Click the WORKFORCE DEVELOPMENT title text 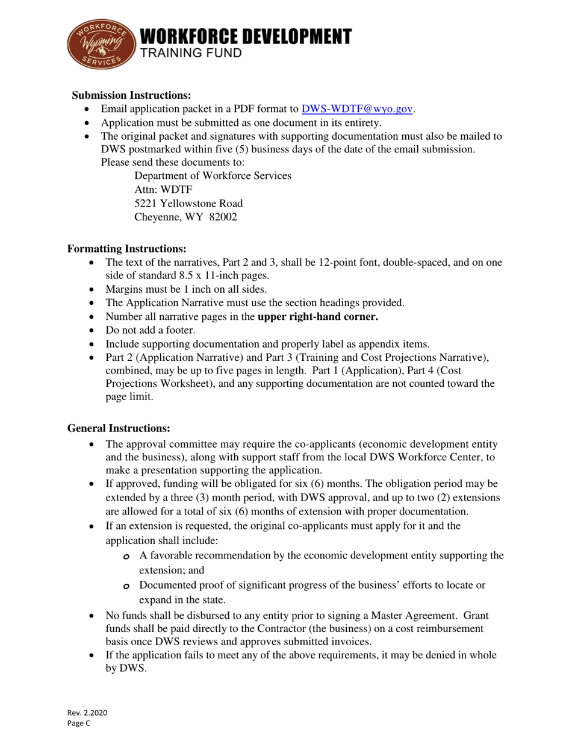[246, 37]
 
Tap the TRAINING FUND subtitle [191, 54]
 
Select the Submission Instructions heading [132, 95]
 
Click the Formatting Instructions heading [126, 249]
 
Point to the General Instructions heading [119, 428]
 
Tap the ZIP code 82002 [223, 217]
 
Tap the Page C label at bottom [78, 724]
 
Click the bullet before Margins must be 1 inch [92, 289]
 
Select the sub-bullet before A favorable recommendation [126, 557]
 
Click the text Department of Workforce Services [213, 176]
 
